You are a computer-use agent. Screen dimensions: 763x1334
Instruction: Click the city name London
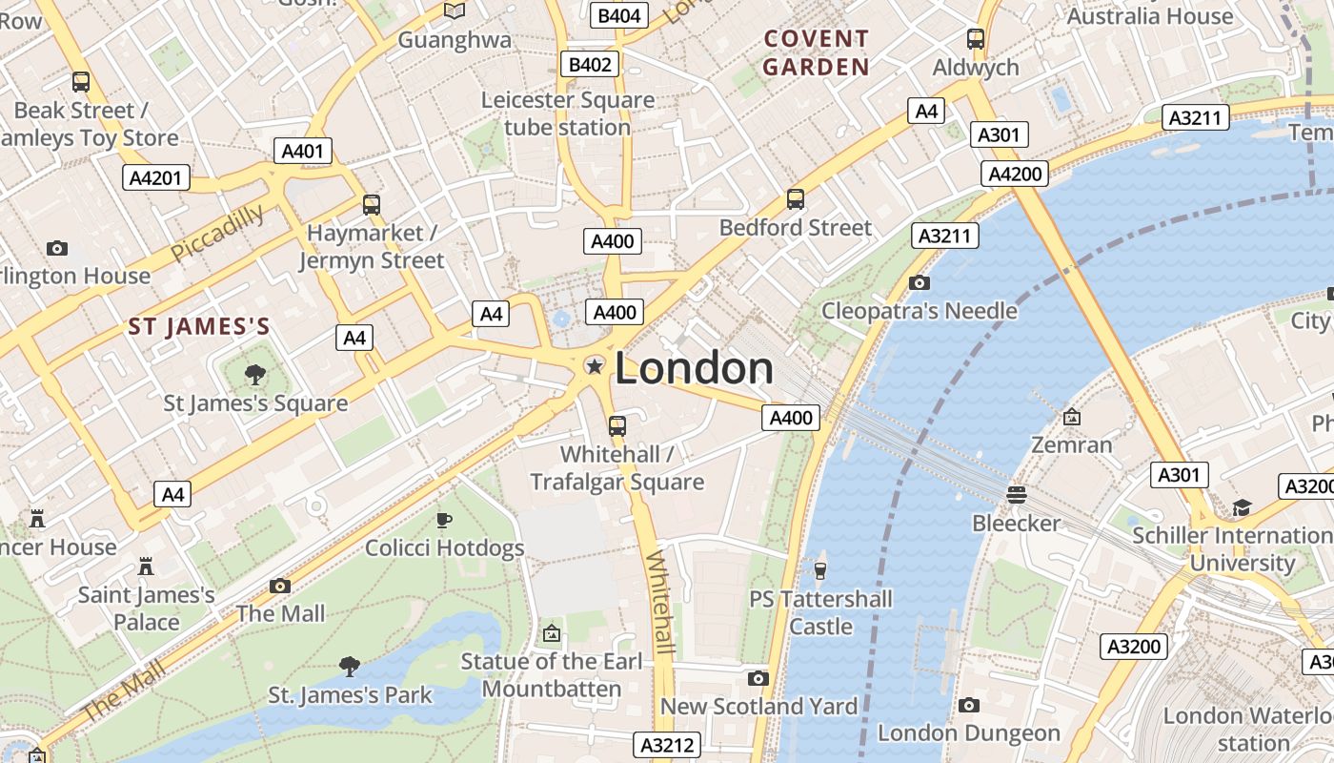click(x=694, y=369)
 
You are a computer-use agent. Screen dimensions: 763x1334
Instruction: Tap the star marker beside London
click(x=595, y=366)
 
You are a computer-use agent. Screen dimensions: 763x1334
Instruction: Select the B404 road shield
click(x=619, y=15)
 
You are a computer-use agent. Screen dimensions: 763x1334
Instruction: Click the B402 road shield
click(x=590, y=64)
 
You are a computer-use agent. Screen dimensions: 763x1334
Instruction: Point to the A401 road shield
click(x=303, y=151)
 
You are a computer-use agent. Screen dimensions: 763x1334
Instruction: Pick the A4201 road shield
click(x=156, y=177)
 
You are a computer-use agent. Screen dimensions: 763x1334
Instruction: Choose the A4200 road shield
click(x=1016, y=174)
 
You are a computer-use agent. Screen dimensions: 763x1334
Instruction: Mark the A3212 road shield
click(x=667, y=745)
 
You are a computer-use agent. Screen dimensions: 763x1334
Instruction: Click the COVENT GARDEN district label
click(x=816, y=52)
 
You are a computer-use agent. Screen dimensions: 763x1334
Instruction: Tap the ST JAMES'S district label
click(x=199, y=327)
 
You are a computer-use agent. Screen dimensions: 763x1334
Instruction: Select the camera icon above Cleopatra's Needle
click(x=920, y=282)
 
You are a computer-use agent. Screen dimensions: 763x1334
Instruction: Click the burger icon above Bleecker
click(x=1017, y=495)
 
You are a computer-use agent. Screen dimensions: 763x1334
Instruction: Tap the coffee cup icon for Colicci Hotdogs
click(x=444, y=520)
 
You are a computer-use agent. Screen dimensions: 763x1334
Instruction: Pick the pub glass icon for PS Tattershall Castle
click(x=819, y=570)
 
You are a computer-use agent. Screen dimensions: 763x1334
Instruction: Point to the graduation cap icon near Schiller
click(x=1242, y=507)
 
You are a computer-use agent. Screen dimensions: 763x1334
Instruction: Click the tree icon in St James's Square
click(x=255, y=375)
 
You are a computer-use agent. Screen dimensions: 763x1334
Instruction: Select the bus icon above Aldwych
click(x=976, y=39)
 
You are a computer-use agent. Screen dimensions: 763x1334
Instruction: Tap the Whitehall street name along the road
click(x=660, y=601)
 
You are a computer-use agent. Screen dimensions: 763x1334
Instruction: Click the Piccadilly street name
click(x=218, y=232)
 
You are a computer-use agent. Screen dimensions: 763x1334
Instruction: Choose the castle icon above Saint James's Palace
click(x=146, y=567)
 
